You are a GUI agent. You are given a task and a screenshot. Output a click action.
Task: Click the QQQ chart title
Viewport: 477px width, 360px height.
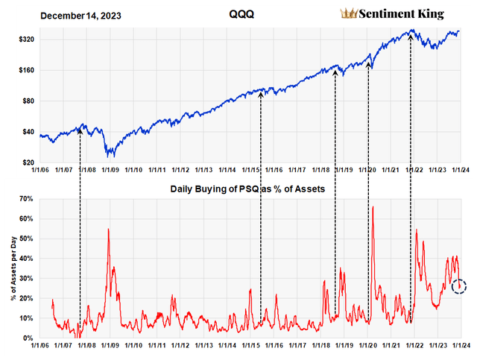click(x=237, y=14)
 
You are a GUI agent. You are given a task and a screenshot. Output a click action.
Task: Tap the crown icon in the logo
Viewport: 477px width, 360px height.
click(x=348, y=13)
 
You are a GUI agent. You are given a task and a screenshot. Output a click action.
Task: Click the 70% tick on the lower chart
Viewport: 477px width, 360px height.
click(x=26, y=199)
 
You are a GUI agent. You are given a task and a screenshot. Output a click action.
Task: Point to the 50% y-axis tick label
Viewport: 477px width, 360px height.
click(x=26, y=239)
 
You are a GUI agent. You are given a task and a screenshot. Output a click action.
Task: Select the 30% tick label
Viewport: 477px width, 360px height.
click(x=26, y=279)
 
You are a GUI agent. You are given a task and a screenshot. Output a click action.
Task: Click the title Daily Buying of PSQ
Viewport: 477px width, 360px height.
click(x=246, y=189)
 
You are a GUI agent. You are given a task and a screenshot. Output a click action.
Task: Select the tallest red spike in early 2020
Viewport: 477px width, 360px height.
click(x=372, y=206)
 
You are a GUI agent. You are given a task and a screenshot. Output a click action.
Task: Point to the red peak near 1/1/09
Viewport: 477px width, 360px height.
click(x=109, y=230)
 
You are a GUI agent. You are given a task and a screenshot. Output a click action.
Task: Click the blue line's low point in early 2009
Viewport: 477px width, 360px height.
click(x=110, y=156)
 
